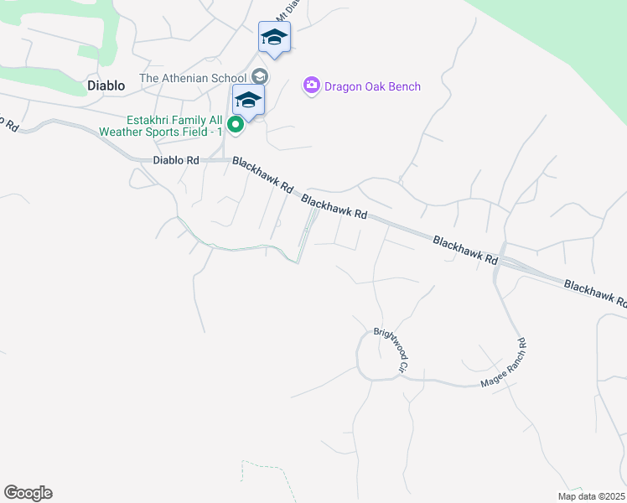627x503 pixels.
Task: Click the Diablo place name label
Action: pyautogui.click(x=106, y=86)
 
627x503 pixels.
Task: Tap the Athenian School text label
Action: pyautogui.click(x=194, y=78)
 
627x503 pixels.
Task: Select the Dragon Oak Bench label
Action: pyautogui.click(x=374, y=86)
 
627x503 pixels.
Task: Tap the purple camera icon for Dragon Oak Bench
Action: pyautogui.click(x=312, y=86)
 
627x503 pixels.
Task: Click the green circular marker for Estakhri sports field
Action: pyautogui.click(x=236, y=127)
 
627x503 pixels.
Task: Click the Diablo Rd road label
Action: pyautogui.click(x=175, y=160)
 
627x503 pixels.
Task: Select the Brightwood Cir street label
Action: pyautogui.click(x=391, y=350)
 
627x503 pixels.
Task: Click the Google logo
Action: pyautogui.click(x=28, y=493)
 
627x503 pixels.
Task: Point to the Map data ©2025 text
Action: pyautogui.click(x=592, y=496)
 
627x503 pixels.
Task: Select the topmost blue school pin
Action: pyautogui.click(x=274, y=37)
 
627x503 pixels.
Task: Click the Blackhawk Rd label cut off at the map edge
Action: pyautogui.click(x=596, y=293)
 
